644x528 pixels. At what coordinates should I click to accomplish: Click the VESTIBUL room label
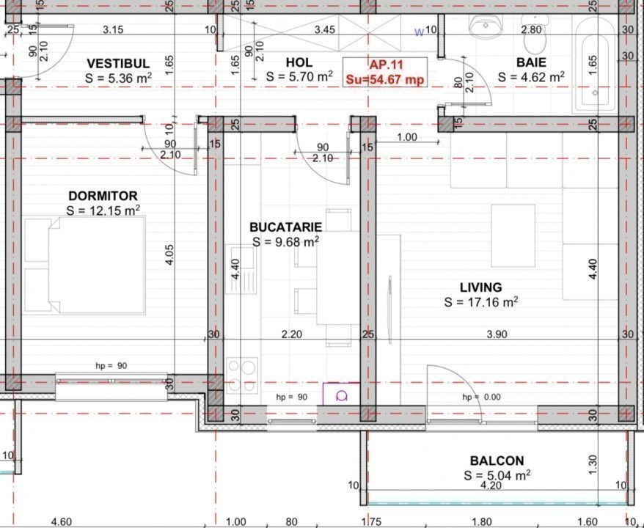click(118, 64)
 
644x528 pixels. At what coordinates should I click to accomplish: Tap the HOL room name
click(299, 62)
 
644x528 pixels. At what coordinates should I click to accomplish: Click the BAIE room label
click(531, 62)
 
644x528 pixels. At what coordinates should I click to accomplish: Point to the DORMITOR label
click(103, 196)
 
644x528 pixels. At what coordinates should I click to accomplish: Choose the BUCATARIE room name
click(286, 227)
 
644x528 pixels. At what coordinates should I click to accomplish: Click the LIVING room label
click(480, 287)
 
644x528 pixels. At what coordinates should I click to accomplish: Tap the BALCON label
click(497, 461)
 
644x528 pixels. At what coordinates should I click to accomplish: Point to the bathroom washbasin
click(486, 26)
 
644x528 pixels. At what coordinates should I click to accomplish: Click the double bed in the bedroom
click(84, 265)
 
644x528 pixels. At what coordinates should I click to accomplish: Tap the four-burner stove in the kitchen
click(242, 375)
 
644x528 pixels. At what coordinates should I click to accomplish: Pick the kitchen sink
click(241, 270)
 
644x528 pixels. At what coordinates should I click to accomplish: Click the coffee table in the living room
click(513, 235)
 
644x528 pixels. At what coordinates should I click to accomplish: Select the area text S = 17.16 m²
click(480, 302)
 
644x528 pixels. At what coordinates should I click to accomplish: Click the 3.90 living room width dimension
click(497, 334)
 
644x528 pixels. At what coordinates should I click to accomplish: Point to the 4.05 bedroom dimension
click(169, 254)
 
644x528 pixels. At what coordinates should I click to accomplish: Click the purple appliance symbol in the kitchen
click(341, 393)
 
